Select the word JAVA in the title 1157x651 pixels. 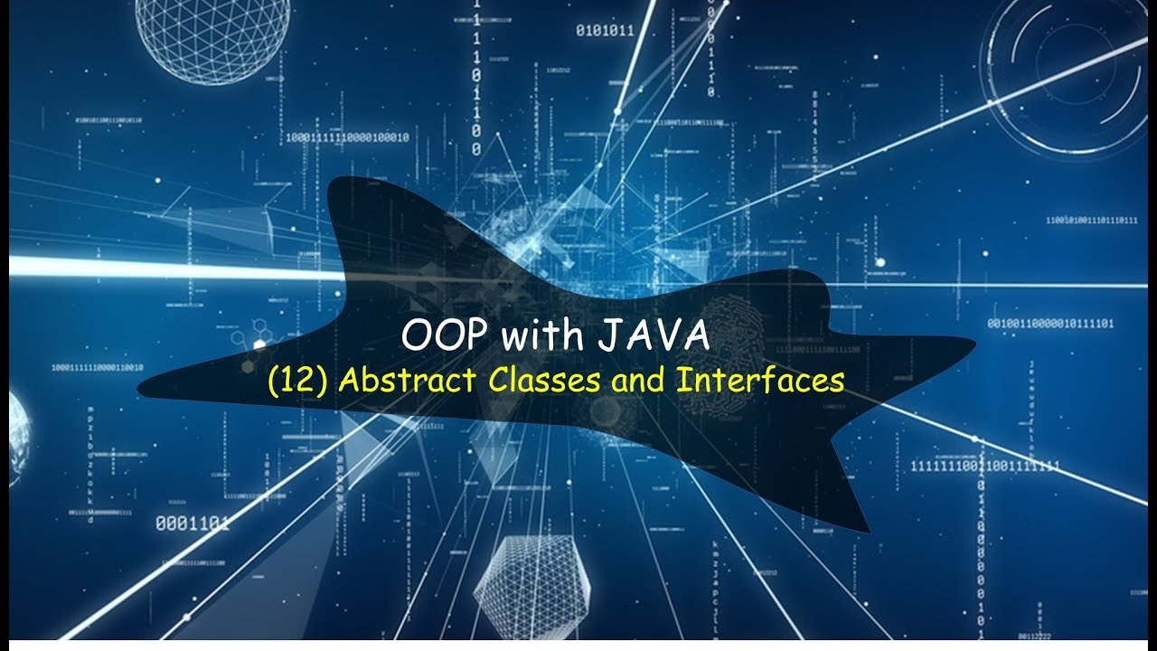click(x=652, y=337)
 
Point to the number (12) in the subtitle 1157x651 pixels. click(x=298, y=381)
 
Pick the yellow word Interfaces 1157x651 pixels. click(x=760, y=380)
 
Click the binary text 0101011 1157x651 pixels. click(x=605, y=31)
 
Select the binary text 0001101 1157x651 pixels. click(x=192, y=523)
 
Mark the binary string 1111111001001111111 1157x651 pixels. click(x=985, y=466)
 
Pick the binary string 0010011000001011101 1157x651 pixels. click(x=1050, y=324)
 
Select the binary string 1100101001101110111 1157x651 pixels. click(x=1092, y=220)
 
